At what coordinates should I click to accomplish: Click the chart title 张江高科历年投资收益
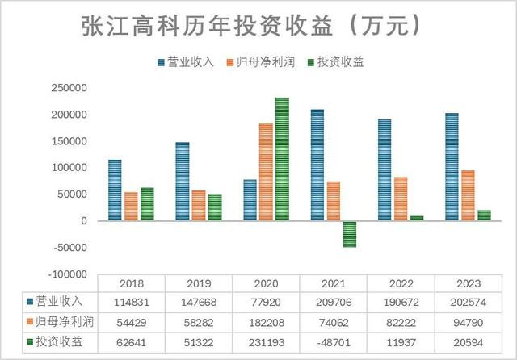tap(250, 26)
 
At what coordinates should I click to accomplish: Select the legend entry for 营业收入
tap(185, 62)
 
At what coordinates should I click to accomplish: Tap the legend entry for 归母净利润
tap(261, 62)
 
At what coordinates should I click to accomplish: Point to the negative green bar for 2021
tap(350, 233)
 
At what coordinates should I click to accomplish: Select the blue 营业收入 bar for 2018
tap(115, 190)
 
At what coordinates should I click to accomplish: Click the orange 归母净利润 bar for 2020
tap(266, 172)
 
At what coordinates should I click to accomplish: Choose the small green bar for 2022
tap(417, 217)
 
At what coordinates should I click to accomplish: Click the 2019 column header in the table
tap(199, 284)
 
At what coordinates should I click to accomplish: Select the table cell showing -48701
tap(333, 342)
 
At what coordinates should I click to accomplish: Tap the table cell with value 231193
tap(266, 342)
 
